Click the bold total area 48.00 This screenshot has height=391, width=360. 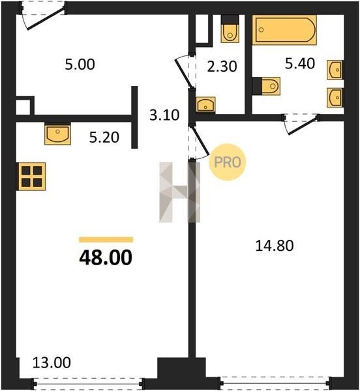click(x=106, y=257)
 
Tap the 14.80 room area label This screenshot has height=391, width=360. click(x=275, y=246)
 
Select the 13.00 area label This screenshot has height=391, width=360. click(x=52, y=362)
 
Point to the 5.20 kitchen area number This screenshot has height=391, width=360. click(x=104, y=138)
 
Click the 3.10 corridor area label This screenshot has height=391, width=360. click(x=164, y=115)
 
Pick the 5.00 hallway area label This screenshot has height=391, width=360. click(x=80, y=65)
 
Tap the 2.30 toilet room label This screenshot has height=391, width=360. click(x=222, y=66)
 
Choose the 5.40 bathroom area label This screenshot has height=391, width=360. click(x=300, y=63)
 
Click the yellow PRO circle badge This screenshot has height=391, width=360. click(x=227, y=162)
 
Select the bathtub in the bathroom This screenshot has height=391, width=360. click(x=284, y=30)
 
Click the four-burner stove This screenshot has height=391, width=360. click(x=31, y=177)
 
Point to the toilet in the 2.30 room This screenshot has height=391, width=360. click(x=230, y=29)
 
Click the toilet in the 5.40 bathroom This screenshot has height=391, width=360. click(x=267, y=86)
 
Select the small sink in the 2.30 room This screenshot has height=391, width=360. click(x=205, y=104)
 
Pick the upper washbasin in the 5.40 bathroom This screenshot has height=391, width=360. click(x=335, y=70)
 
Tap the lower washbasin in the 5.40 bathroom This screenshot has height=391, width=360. click(x=335, y=98)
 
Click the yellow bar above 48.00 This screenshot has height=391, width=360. click(x=106, y=240)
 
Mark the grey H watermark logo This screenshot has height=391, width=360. click(x=179, y=192)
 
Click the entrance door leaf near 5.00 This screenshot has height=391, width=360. click(x=46, y=20)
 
